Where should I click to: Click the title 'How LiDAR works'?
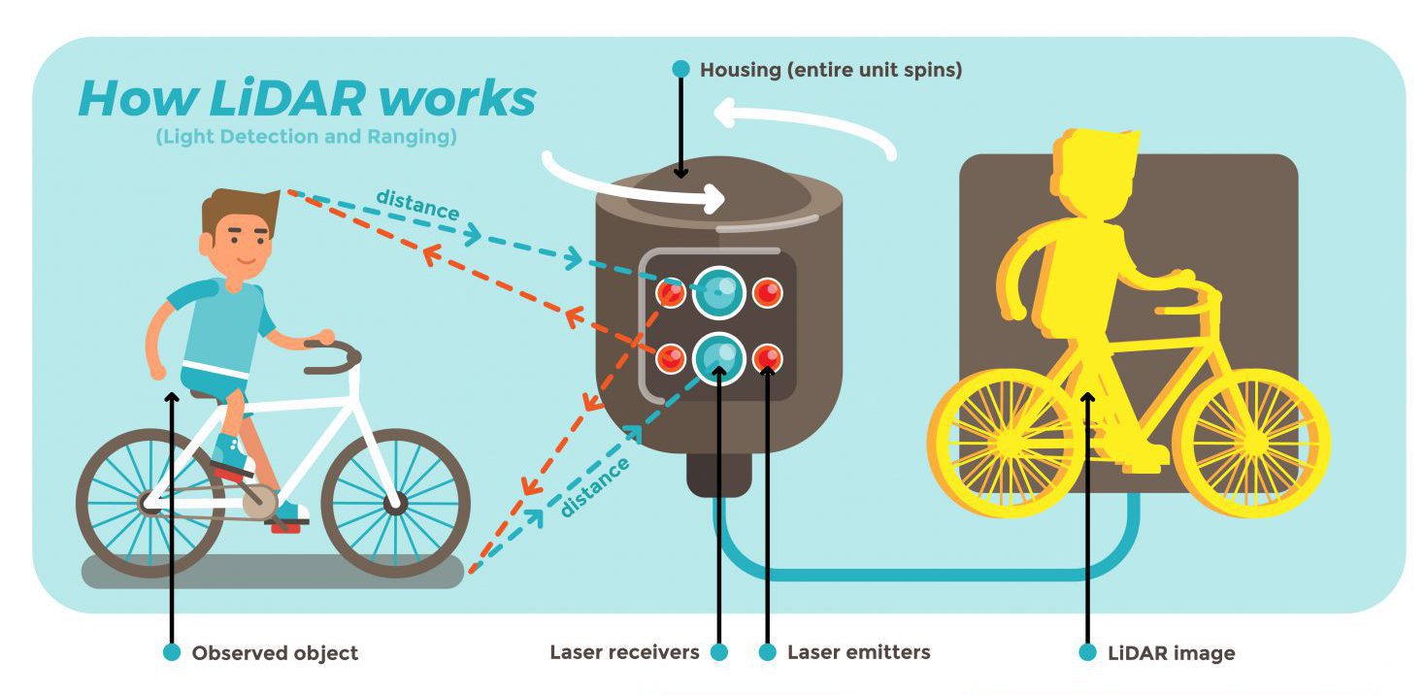pyautogui.click(x=307, y=98)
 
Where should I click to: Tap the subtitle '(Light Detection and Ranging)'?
pyautogui.click(x=306, y=137)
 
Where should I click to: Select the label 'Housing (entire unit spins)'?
pyautogui.click(x=831, y=70)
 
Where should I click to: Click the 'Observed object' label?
pyautogui.click(x=275, y=653)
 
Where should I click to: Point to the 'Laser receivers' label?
pyautogui.click(x=624, y=652)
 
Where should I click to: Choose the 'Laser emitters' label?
pyautogui.click(x=858, y=652)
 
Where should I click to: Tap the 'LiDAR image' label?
pyautogui.click(x=1171, y=653)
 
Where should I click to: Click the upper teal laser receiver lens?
pyautogui.click(x=719, y=291)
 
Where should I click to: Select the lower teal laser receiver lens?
pyautogui.click(x=719, y=357)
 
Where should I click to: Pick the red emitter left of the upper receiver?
pyautogui.click(x=671, y=292)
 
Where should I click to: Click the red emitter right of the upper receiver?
pyautogui.click(x=767, y=292)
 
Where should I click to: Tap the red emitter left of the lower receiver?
pyautogui.click(x=671, y=359)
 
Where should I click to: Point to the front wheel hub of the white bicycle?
pyautogui.click(x=394, y=504)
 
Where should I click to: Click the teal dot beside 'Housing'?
pyautogui.click(x=680, y=70)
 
